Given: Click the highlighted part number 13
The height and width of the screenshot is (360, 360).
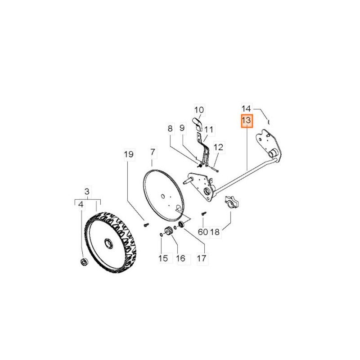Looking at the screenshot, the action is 247,120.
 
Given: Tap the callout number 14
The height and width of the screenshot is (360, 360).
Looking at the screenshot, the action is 247,108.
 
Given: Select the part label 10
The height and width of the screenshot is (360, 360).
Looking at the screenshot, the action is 199,110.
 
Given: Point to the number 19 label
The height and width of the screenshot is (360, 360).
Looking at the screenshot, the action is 129,154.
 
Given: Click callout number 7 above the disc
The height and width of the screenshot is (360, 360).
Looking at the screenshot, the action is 153,152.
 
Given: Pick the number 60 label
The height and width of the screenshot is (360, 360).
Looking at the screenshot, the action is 203,232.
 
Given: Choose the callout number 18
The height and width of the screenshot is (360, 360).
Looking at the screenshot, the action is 215,232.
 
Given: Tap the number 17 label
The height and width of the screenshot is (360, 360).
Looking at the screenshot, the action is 202,258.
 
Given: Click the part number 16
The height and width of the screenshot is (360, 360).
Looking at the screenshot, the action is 181,258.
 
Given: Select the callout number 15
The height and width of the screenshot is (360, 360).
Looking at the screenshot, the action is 163,258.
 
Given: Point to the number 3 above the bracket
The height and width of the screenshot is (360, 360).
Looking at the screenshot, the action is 87,191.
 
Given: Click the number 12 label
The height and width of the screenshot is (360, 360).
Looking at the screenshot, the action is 218,147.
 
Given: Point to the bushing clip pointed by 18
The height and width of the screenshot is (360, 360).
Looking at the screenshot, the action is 231,202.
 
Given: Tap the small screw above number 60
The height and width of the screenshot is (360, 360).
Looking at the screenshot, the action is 203,213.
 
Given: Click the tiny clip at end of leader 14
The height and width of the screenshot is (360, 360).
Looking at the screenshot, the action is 268,121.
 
